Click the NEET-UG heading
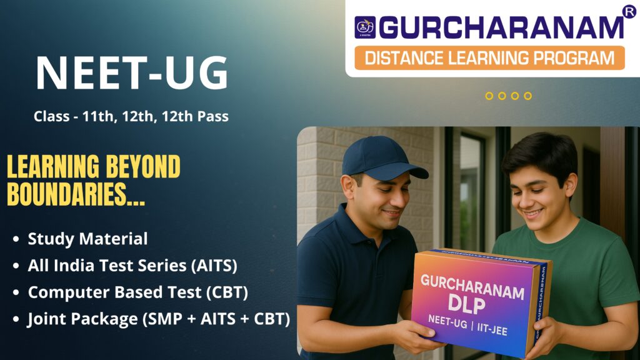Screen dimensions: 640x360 coord(132,73)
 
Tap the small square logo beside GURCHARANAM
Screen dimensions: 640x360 coord(365,27)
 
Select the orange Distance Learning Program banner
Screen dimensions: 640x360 coord(489,57)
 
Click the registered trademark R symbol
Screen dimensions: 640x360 coord(629,11)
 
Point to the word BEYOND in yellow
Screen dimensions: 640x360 coord(143,166)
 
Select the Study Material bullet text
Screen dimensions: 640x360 coord(87,239)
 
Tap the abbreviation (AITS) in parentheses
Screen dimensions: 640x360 coord(214,266)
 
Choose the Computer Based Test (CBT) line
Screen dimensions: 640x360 coord(137,292)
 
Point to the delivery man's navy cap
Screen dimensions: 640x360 coord(382,159)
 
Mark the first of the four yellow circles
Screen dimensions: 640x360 coord(489,96)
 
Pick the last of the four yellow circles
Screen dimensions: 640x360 coord(527,96)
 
